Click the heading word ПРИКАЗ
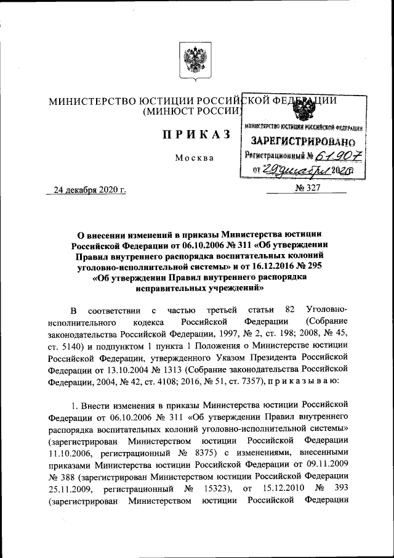191,135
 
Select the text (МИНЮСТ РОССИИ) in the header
191,112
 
